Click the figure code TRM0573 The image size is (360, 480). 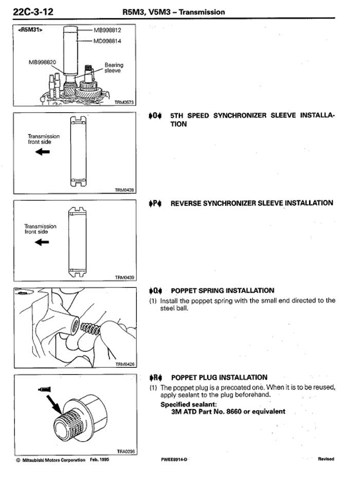tap(124, 102)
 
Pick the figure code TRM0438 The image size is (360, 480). tap(124, 190)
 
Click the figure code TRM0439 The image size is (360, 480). tap(124, 277)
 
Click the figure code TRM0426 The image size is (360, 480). tap(124, 364)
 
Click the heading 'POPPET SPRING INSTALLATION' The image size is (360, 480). tap(222, 291)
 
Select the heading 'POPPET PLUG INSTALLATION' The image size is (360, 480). tap(219, 378)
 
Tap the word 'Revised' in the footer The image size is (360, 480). tap(326, 459)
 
